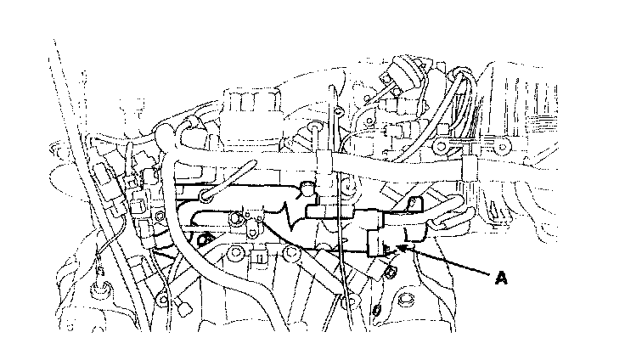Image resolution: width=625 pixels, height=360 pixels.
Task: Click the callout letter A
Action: [501, 277]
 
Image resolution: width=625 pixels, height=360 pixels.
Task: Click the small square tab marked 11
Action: [259, 258]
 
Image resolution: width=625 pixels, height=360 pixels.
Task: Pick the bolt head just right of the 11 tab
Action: [291, 252]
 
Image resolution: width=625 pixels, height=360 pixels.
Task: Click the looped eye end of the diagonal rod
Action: [206, 195]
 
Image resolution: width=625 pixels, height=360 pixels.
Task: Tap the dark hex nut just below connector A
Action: [391, 273]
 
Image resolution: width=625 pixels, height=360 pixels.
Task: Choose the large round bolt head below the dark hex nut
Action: [405, 299]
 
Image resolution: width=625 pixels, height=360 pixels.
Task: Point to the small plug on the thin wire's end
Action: [183, 307]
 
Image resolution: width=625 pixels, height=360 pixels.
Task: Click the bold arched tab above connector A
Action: [415, 203]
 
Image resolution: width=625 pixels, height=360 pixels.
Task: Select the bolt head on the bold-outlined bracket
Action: [236, 218]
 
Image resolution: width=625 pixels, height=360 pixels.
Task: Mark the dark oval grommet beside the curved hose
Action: [203, 239]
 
